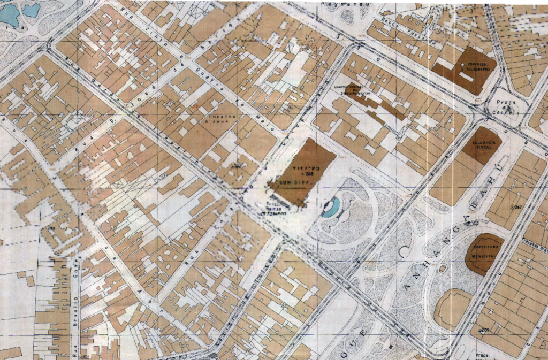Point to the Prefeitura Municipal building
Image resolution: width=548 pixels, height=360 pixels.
click(484, 252)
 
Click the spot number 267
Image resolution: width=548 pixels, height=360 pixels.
click(516, 206)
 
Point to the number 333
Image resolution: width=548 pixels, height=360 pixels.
click(52, 229)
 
